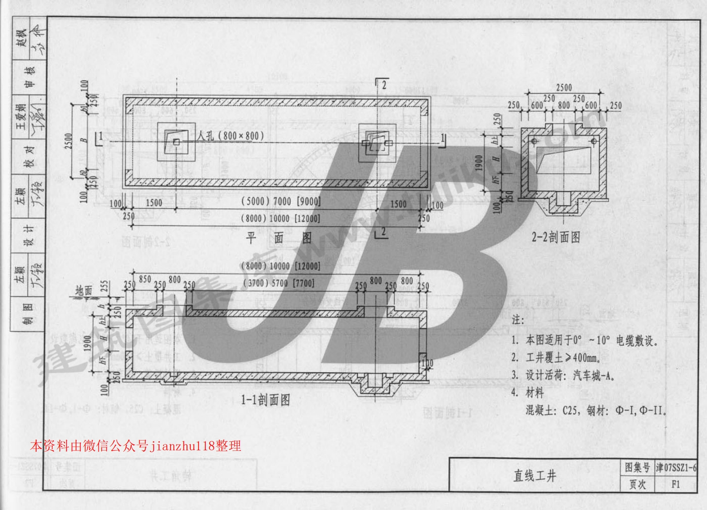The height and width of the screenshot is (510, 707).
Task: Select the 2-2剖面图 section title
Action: [556, 237]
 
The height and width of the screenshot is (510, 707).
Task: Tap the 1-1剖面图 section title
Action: [266, 400]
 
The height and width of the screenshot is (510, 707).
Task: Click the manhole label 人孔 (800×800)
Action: [231, 135]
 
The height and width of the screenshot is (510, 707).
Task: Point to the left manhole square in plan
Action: [176, 142]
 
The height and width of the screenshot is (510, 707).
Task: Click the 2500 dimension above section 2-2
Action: [564, 88]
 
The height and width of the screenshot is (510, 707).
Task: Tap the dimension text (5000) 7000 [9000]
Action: [281, 201]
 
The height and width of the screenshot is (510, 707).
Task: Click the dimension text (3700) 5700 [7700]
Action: [278, 283]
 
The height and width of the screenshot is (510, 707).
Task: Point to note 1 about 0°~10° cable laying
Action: [584, 341]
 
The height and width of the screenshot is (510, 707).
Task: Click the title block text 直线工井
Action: [534, 476]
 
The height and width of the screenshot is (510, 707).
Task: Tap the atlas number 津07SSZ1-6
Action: [676, 467]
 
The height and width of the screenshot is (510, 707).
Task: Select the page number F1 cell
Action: [676, 485]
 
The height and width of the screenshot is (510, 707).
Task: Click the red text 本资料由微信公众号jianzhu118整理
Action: [135, 445]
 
